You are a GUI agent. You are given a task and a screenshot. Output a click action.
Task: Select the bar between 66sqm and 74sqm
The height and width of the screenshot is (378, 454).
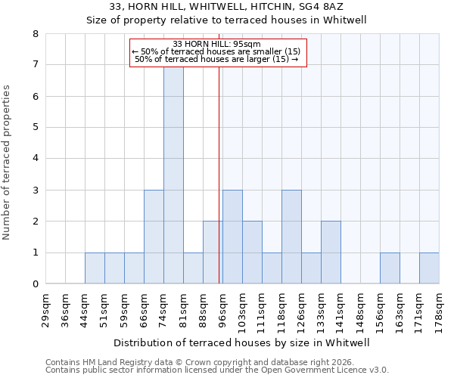click(154, 237)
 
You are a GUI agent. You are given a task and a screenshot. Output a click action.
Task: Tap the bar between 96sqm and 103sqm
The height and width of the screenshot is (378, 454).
click(232, 237)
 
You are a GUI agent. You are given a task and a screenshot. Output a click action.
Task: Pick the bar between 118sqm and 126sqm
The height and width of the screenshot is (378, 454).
click(291, 237)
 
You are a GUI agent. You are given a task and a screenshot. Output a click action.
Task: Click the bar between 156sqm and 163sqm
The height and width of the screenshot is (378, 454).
click(390, 268)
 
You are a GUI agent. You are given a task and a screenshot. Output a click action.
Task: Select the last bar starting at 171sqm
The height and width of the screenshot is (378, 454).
click(429, 268)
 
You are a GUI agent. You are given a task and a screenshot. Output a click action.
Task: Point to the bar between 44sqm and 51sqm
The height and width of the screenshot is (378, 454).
click(95, 268)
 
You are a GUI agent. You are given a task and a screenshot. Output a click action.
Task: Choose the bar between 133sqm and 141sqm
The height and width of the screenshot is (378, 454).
click(331, 253)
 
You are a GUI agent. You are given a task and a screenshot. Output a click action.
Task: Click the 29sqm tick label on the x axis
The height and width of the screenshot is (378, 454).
click(46, 308)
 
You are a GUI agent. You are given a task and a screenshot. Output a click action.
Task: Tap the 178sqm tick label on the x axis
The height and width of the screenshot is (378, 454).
click(440, 308)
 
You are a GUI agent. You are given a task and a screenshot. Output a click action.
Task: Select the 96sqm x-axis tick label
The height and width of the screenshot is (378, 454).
click(223, 308)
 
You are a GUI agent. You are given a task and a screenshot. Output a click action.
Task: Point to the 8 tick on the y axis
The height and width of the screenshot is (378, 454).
click(35, 34)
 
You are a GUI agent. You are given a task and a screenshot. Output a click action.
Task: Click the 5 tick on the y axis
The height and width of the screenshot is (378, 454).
click(35, 128)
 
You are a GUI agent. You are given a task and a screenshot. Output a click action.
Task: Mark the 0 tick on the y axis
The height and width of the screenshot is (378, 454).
click(35, 284)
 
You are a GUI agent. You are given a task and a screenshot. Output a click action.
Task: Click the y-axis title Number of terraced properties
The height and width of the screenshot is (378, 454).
click(7, 163)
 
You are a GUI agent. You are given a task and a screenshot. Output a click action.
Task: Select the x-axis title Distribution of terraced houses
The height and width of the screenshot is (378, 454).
click(242, 342)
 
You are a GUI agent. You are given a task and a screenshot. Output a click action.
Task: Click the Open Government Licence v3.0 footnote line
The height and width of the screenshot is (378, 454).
click(217, 370)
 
